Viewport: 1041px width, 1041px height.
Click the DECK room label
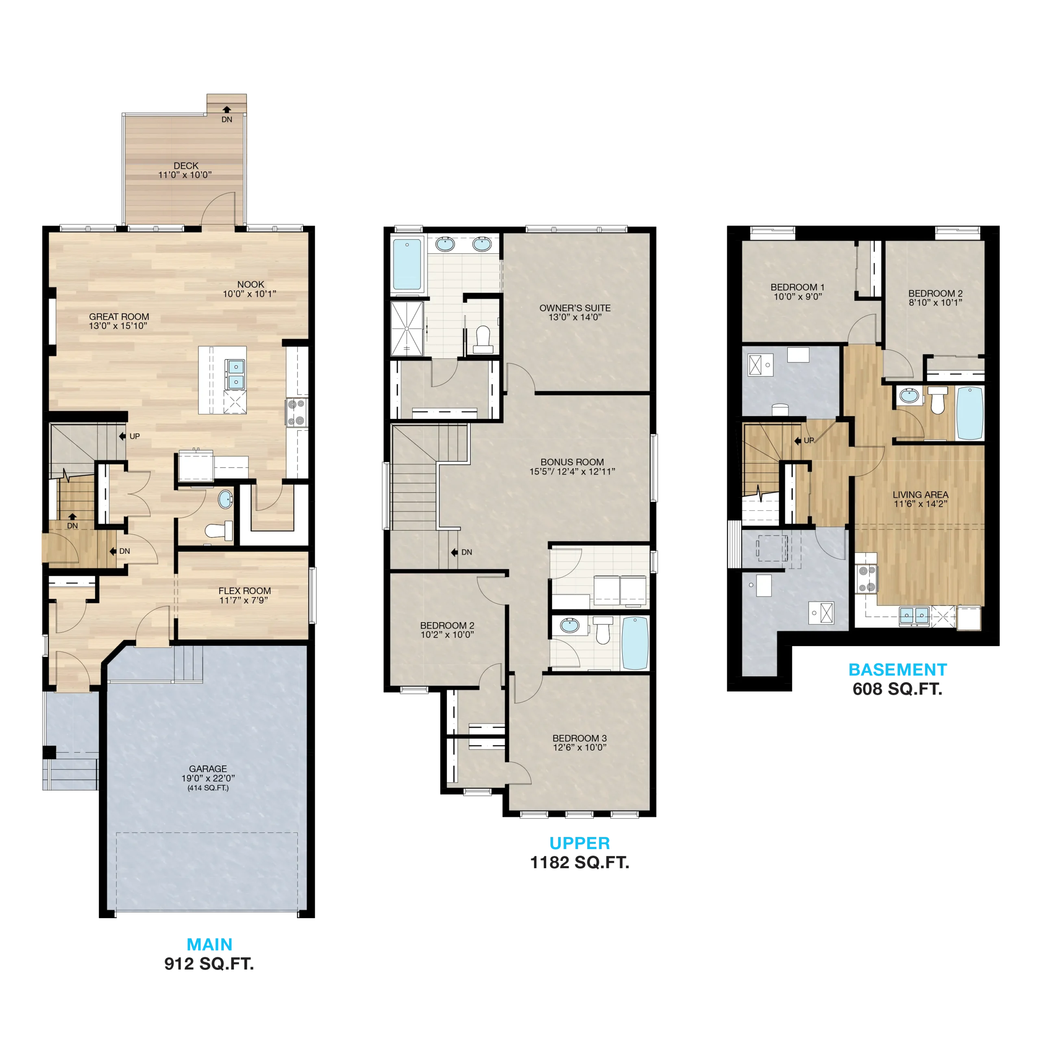(186, 166)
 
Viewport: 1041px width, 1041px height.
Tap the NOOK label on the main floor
(250, 284)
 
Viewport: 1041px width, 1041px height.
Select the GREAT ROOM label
(119, 317)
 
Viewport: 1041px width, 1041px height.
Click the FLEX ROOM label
(245, 590)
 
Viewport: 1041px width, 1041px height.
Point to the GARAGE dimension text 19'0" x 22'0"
(208, 778)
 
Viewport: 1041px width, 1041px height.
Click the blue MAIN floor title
(209, 945)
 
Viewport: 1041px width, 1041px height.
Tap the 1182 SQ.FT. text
(580, 862)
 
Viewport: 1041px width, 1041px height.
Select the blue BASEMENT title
(898, 670)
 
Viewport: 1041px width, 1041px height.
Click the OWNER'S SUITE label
(575, 308)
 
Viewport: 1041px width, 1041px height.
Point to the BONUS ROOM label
(572, 462)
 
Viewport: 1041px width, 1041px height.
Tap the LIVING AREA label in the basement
(920, 494)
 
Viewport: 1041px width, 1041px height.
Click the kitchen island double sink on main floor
(236, 375)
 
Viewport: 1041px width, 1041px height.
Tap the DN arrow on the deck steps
(227, 109)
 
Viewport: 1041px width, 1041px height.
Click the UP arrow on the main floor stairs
(122, 436)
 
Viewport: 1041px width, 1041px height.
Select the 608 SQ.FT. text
(898, 689)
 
